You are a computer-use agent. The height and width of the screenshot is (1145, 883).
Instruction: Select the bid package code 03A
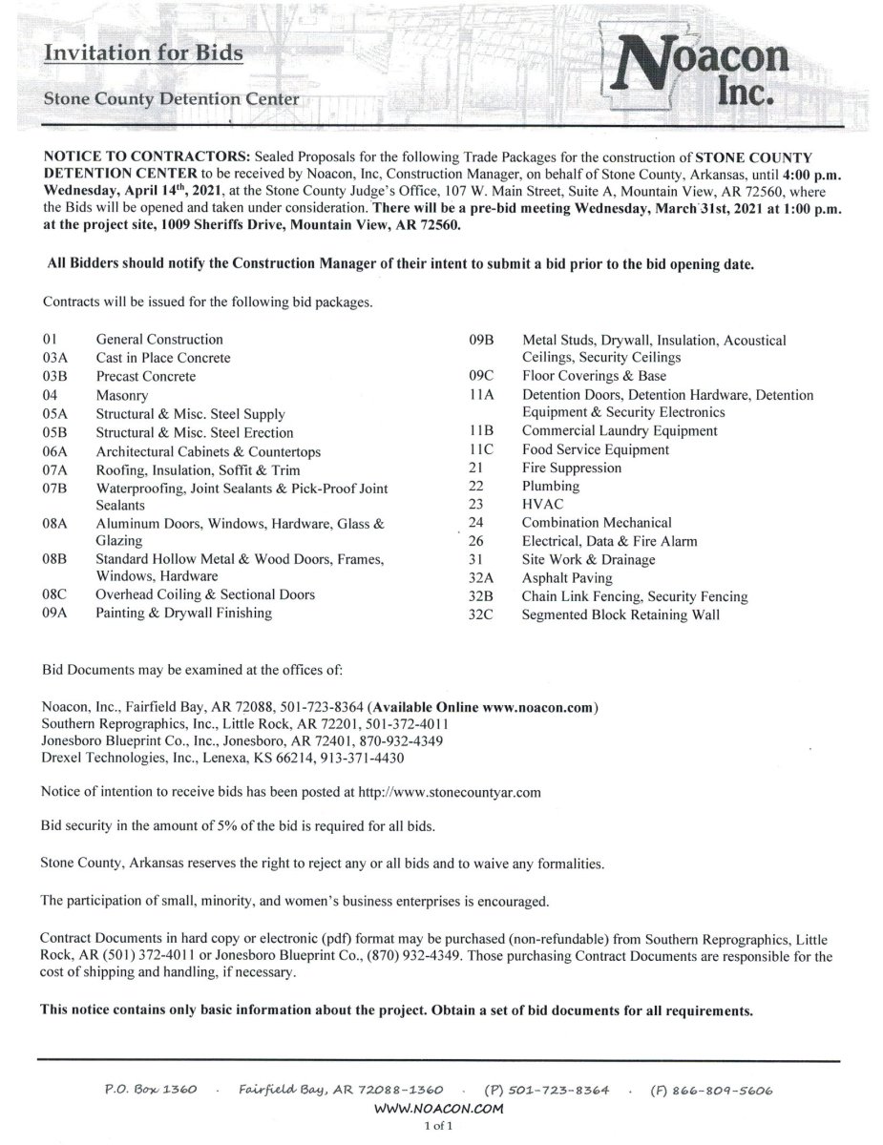(x=55, y=358)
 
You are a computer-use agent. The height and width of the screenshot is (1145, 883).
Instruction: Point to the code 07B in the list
(x=55, y=488)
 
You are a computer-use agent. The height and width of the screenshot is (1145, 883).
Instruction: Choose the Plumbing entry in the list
(x=550, y=486)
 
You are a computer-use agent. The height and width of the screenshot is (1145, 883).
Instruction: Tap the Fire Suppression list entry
(x=571, y=468)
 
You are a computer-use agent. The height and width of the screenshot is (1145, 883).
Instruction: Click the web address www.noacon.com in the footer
(x=439, y=1110)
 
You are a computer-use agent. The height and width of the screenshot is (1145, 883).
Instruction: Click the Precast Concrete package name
(x=145, y=376)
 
